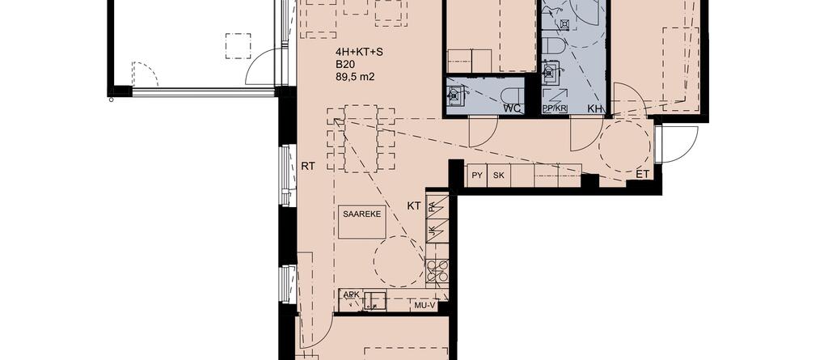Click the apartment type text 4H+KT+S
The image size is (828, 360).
(x=356, y=52)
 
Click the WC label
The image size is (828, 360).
(x=513, y=108)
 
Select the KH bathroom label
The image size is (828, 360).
(x=594, y=108)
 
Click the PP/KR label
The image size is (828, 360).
(x=555, y=108)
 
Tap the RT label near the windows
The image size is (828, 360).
(x=308, y=166)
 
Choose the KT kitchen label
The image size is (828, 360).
(x=414, y=206)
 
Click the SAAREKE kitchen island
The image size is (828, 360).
(x=362, y=222)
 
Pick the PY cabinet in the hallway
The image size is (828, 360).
(x=477, y=176)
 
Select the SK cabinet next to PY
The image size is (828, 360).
(x=498, y=176)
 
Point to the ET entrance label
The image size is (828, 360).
(x=642, y=173)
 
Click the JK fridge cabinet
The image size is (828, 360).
(x=432, y=231)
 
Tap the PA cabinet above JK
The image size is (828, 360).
(x=432, y=206)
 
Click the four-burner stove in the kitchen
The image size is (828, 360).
(x=437, y=270)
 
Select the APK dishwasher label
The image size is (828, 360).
(x=350, y=294)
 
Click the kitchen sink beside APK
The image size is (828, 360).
(x=374, y=300)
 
